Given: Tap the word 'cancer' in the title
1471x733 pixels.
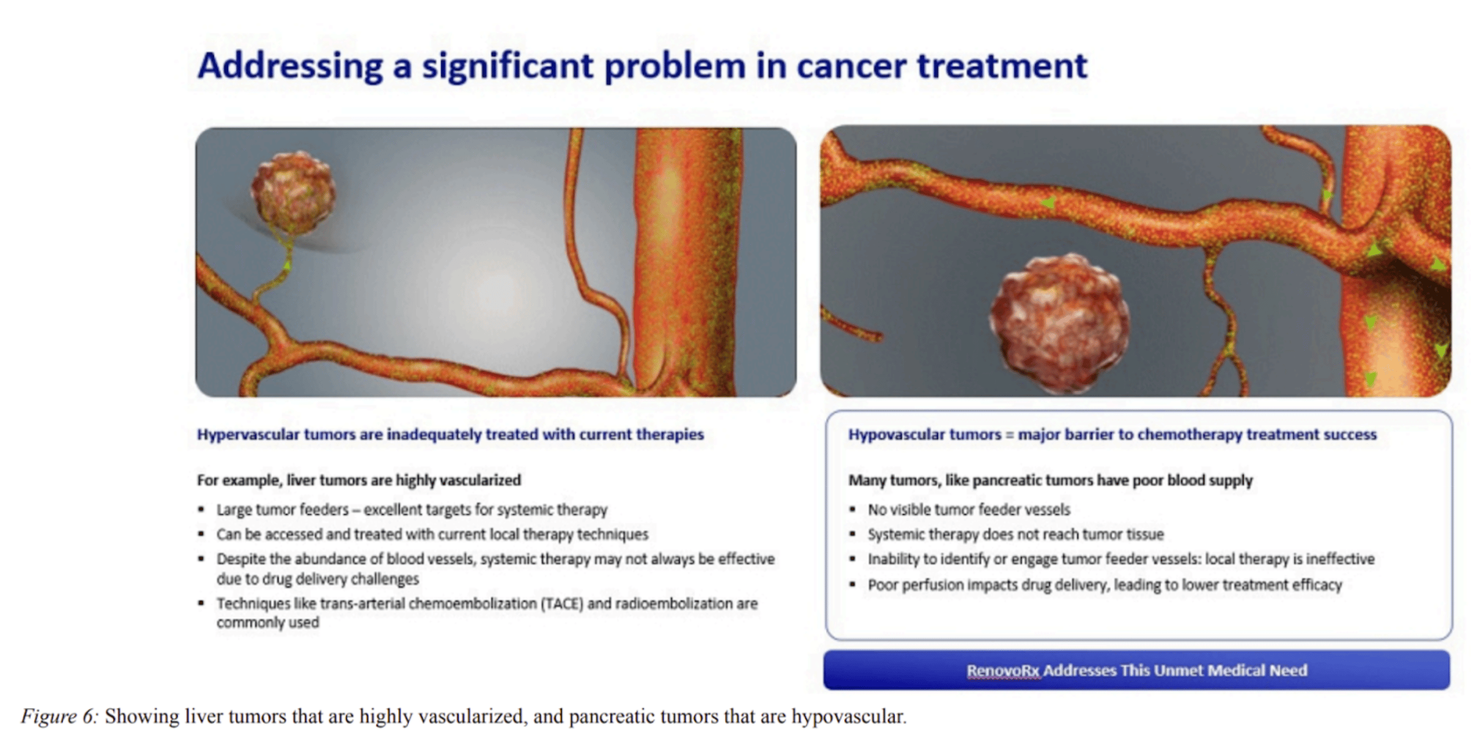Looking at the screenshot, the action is [x=851, y=67].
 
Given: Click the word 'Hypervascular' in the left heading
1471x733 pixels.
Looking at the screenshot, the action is [x=248, y=435].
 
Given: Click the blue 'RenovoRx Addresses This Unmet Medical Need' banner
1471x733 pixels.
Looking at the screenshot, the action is [x=1137, y=670].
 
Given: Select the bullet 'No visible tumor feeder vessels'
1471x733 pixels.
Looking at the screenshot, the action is [x=969, y=509].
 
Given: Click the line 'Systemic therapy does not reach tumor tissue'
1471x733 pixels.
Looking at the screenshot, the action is [x=1016, y=535].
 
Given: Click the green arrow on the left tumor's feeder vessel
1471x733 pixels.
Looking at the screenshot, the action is [x=287, y=264].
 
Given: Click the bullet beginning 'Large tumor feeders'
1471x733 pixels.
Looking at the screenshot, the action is [x=411, y=509].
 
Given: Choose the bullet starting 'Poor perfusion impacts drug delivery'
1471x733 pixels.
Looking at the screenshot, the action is [x=1105, y=585].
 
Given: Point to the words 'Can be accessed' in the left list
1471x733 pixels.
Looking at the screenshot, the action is [x=269, y=535].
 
